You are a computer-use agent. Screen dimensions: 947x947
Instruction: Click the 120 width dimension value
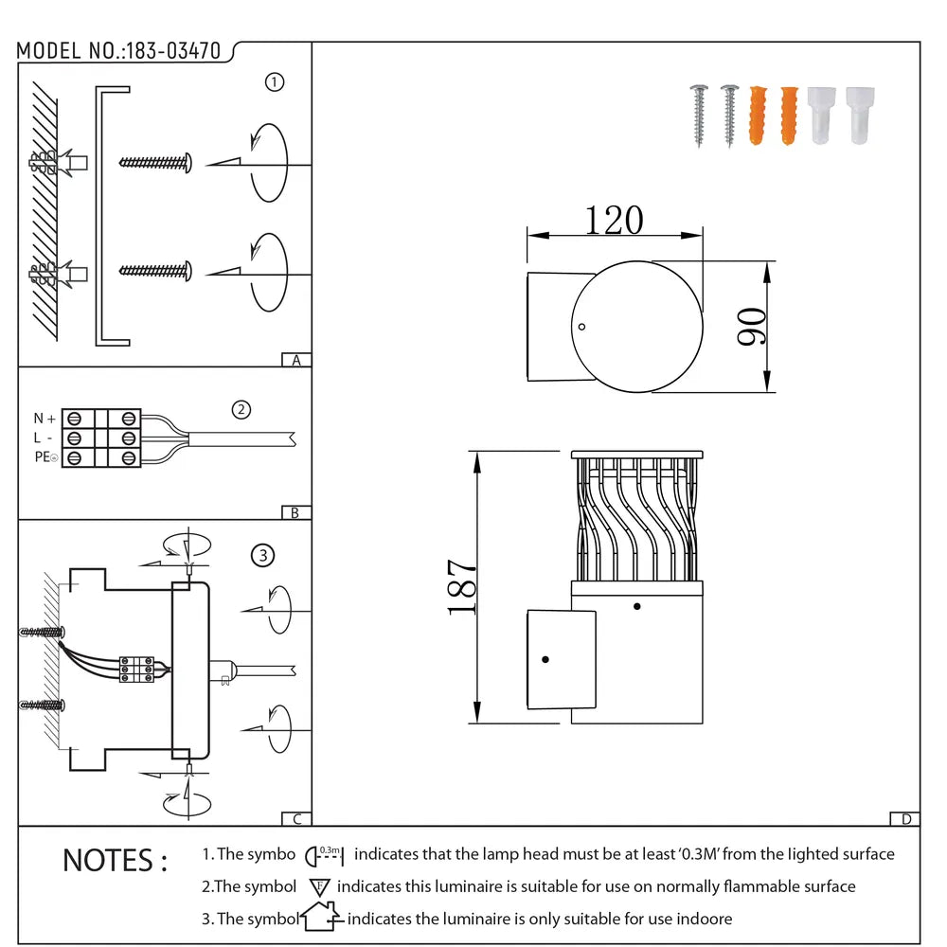(x=613, y=221)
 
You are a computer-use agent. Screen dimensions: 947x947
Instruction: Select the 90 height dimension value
(x=754, y=327)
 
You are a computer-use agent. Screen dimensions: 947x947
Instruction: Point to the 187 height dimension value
(x=462, y=587)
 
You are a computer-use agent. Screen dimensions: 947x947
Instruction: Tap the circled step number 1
(x=275, y=82)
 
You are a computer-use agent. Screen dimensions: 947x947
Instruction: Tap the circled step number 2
(x=241, y=410)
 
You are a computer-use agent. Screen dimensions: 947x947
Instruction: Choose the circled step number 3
(x=262, y=555)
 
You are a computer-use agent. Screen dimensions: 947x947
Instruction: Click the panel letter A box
(x=296, y=360)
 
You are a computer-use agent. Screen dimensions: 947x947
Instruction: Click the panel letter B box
(x=296, y=512)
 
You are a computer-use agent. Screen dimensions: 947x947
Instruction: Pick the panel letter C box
(x=296, y=819)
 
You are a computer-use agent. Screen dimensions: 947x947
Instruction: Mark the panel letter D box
(x=905, y=819)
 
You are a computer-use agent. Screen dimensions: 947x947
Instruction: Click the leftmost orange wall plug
(x=758, y=116)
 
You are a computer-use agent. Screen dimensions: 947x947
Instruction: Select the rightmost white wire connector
(x=860, y=116)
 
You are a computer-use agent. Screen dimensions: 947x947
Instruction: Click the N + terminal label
(x=45, y=419)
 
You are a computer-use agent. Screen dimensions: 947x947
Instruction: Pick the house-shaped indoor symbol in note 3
(x=320, y=917)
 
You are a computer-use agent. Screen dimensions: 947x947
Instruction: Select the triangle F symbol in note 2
(x=318, y=887)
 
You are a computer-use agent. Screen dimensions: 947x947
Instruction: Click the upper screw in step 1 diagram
(x=156, y=162)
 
